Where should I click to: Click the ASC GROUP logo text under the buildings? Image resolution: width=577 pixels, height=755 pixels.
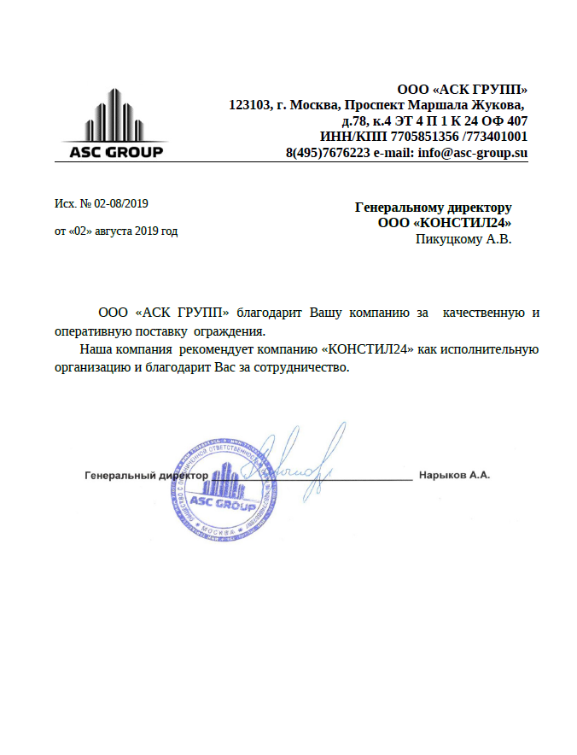(x=115, y=153)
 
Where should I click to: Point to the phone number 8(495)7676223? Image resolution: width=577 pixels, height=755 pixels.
(x=328, y=153)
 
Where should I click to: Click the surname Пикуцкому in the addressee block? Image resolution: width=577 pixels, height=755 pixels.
(x=448, y=240)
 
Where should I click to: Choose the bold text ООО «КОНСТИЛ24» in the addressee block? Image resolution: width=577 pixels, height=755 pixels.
(x=445, y=223)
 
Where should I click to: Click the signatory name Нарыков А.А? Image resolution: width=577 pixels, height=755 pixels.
(x=453, y=475)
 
